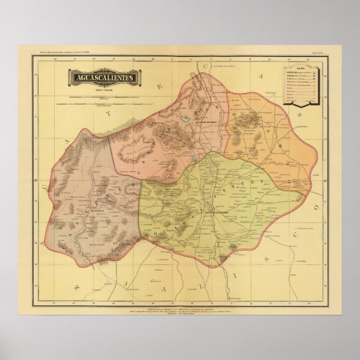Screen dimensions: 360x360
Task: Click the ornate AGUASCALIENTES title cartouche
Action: pos(102,77)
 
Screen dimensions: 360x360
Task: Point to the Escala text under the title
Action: pos(102,89)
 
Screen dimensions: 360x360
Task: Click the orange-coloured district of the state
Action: pos(263,134)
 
